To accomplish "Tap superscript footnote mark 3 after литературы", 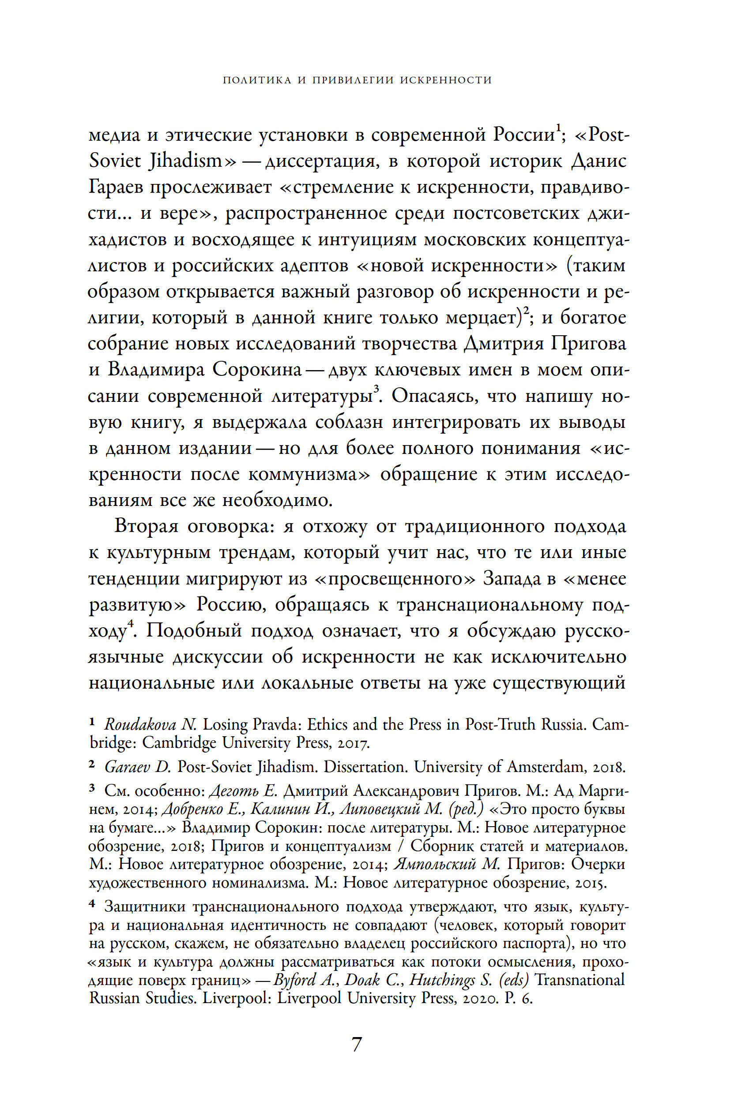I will pyautogui.click(x=376, y=389).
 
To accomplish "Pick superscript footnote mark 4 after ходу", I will pyautogui.click(x=131, y=624).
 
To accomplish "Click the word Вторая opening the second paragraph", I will pyautogui.click(x=147, y=526).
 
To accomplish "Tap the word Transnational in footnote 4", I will pyautogui.click(x=580, y=980).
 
